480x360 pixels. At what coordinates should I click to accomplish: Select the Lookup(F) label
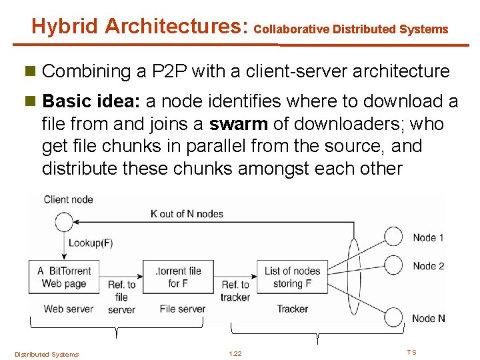tap(91, 243)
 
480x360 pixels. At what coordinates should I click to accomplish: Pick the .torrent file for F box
tap(178, 277)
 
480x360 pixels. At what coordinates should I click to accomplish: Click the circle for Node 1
tap(394, 237)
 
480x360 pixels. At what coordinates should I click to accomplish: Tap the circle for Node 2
tap(394, 265)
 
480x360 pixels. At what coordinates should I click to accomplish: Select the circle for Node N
tap(394, 317)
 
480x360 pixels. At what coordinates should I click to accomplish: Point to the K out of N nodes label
tap(187, 214)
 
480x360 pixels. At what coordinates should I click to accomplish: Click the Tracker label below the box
tap(292, 309)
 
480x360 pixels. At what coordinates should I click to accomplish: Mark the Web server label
tap(68, 309)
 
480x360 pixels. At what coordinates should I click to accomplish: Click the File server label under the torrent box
tap(182, 309)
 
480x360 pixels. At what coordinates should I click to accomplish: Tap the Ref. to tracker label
tap(235, 291)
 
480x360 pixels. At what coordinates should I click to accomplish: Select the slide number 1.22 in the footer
tap(235, 353)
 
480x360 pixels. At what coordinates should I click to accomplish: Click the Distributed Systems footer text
tap(47, 354)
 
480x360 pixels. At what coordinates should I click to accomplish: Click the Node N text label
tap(429, 318)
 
